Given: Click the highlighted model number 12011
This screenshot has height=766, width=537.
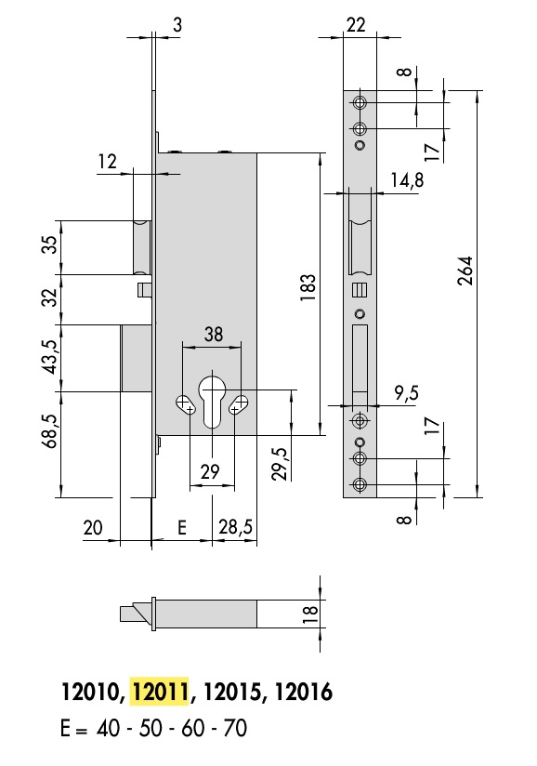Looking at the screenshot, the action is (160, 692).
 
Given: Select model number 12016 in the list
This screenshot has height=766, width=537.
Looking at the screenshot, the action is (304, 692).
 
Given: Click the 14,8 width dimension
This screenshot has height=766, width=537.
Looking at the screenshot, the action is (407, 179).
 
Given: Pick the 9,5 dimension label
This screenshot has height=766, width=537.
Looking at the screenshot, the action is (407, 393).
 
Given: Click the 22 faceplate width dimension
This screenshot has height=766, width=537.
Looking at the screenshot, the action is (356, 24).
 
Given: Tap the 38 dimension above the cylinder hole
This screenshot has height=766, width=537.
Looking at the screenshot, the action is (214, 334).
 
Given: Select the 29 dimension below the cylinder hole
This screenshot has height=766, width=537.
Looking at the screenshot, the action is (210, 471).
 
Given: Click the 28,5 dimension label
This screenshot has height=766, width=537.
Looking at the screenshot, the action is (236, 527).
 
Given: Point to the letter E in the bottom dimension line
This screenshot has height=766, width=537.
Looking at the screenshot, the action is (181, 528).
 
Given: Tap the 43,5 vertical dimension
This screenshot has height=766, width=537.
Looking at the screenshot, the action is (51, 358).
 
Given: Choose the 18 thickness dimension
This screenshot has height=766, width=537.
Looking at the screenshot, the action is (310, 614).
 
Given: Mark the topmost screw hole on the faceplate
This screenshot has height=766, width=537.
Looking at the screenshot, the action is (360, 103).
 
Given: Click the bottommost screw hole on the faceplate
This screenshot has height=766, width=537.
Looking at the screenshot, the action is (360, 484).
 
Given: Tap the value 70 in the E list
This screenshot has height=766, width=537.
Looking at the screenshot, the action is (235, 728).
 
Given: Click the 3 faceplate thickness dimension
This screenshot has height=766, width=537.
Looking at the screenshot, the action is (177, 24).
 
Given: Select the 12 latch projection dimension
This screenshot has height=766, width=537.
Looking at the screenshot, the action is (108, 161).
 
